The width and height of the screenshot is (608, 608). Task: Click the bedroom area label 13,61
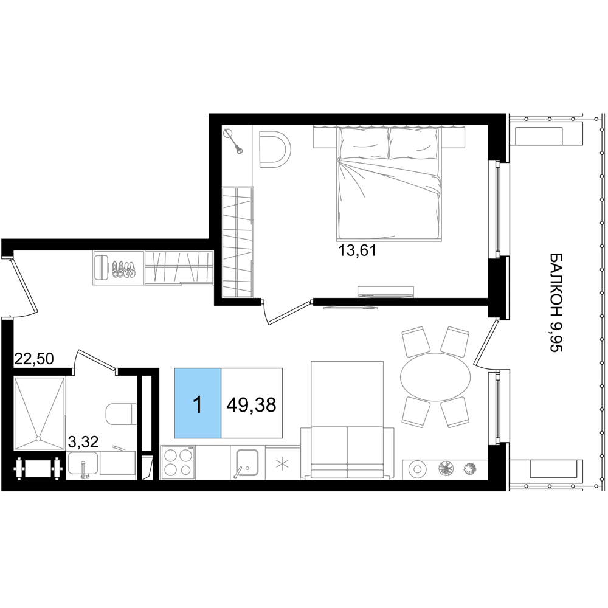tap(358, 251)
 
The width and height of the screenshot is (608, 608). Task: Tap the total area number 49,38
tap(252, 405)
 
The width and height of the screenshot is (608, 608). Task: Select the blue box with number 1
tap(198, 403)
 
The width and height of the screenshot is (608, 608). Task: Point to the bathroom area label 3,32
tap(83, 441)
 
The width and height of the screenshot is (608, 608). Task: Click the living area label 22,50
tap(33, 359)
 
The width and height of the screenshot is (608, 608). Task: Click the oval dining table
tap(435, 376)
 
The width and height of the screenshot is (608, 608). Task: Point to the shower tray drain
tap(38, 439)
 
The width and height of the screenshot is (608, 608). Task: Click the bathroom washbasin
tap(83, 464)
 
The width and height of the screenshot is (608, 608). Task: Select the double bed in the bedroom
tap(390, 183)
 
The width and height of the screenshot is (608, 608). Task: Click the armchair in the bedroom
tap(274, 150)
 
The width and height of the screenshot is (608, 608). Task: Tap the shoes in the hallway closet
tap(123, 269)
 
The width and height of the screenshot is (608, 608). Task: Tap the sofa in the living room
tap(347, 452)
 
